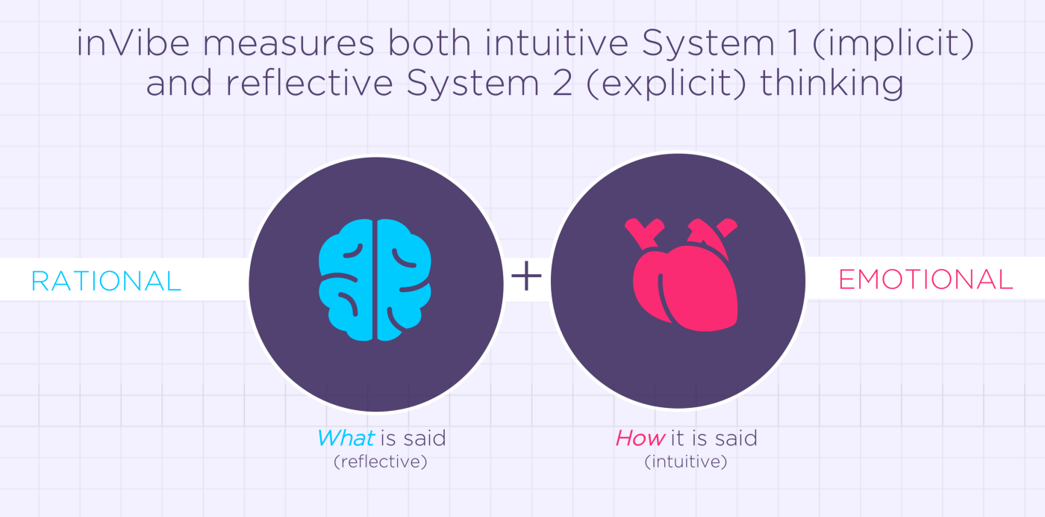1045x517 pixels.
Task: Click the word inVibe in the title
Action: (133, 43)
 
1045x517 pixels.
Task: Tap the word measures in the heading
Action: (288, 44)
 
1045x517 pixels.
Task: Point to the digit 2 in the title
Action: (563, 83)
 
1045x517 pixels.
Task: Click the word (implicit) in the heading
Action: (893, 44)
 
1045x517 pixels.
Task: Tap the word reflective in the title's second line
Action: (310, 83)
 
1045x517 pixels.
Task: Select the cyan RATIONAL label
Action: (106, 281)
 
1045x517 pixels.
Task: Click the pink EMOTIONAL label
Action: (926, 279)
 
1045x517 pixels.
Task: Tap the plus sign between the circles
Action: (526, 276)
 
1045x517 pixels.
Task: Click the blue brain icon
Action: (375, 279)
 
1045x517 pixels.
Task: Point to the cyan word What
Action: (346, 438)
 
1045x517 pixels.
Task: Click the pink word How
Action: (640, 438)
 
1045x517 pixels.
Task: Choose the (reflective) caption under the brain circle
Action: (380, 462)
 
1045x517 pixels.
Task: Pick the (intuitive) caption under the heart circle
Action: (686, 462)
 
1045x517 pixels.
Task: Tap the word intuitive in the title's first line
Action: (557, 43)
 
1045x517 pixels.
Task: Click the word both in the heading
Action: (430, 43)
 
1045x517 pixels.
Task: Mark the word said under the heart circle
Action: (736, 438)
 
